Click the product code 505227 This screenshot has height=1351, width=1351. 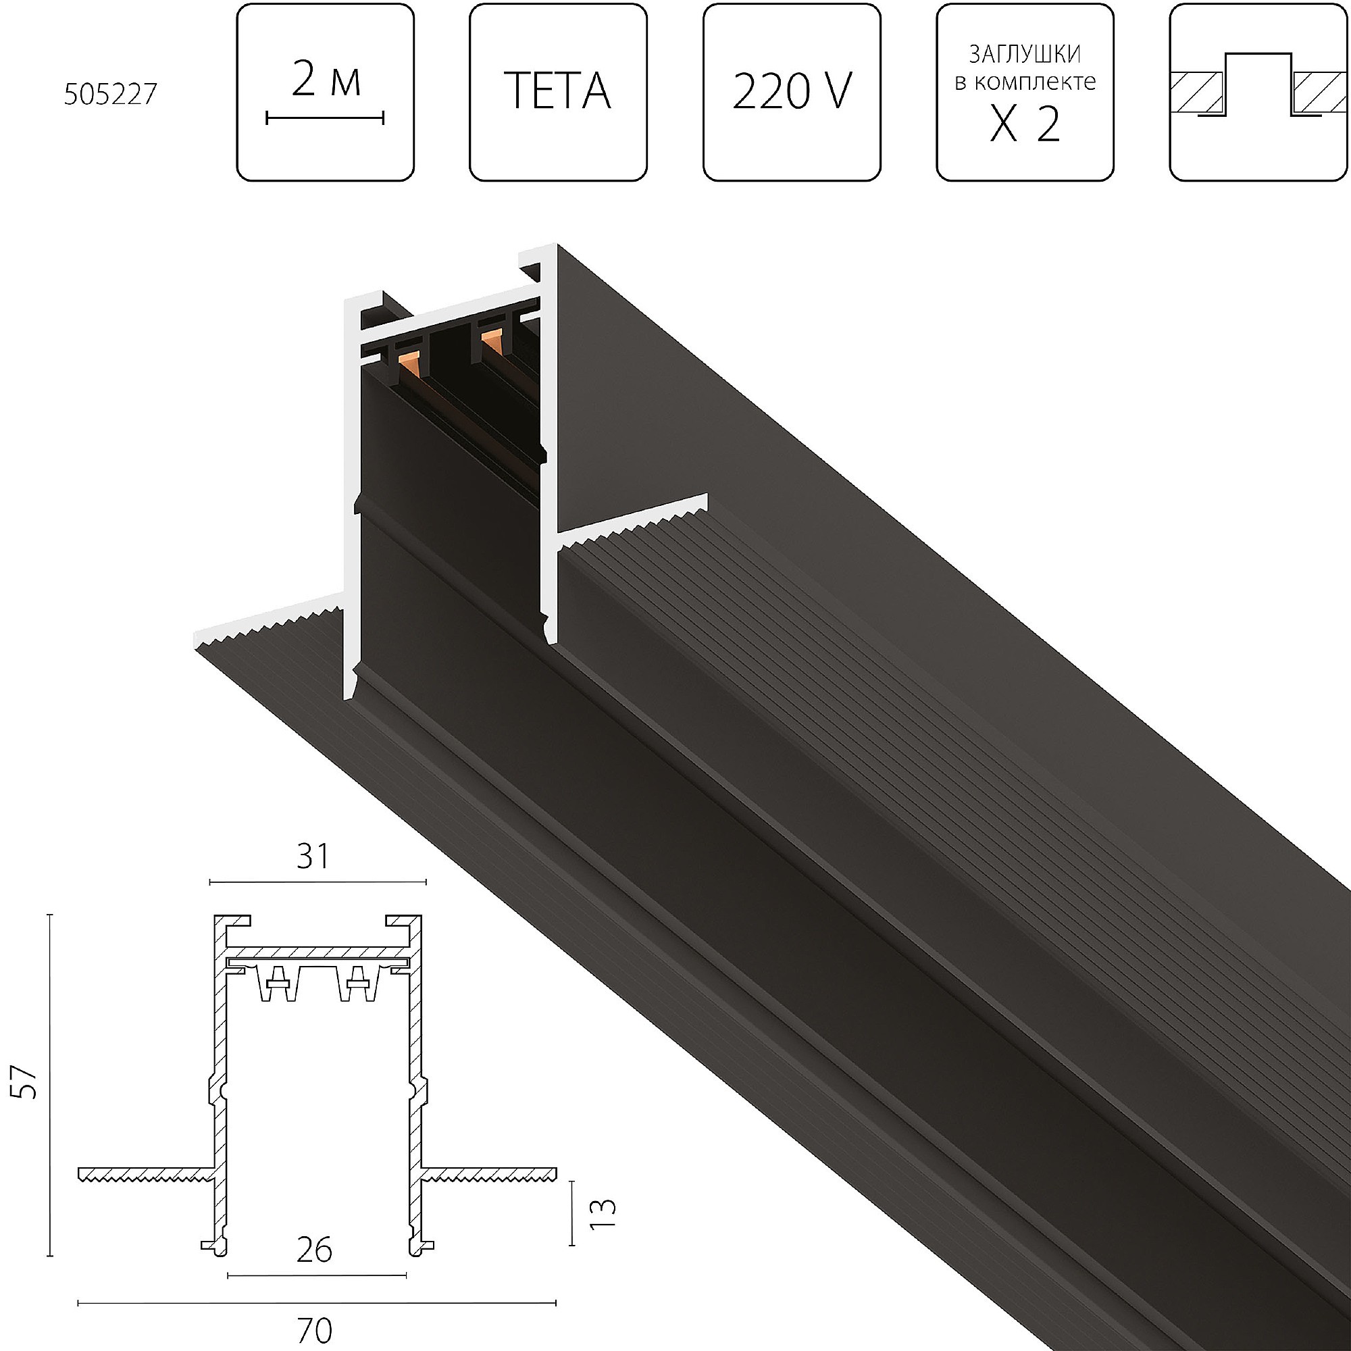(x=111, y=94)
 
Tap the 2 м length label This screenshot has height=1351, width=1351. (x=326, y=80)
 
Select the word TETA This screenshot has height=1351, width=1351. (x=557, y=91)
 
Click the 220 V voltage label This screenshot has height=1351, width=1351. (x=792, y=91)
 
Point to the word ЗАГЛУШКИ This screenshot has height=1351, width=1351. (x=1025, y=53)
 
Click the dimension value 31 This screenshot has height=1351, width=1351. (x=313, y=857)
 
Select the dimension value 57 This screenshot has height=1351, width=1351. (x=26, y=1082)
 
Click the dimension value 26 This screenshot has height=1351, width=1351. (x=314, y=1250)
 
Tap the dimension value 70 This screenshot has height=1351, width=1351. (x=315, y=1329)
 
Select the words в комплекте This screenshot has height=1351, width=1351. (x=1025, y=82)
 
